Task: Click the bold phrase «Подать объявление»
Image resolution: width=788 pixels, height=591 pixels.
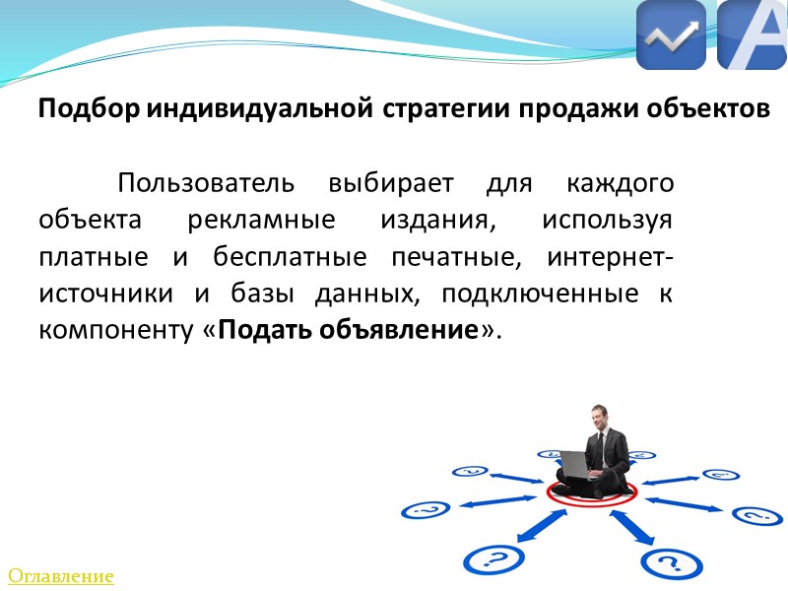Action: pos(348,330)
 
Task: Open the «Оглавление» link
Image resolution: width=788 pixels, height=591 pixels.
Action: pos(61,576)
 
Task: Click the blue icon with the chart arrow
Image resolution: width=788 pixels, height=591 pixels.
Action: pos(671,35)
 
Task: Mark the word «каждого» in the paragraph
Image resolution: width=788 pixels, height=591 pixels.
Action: pos(625,183)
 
